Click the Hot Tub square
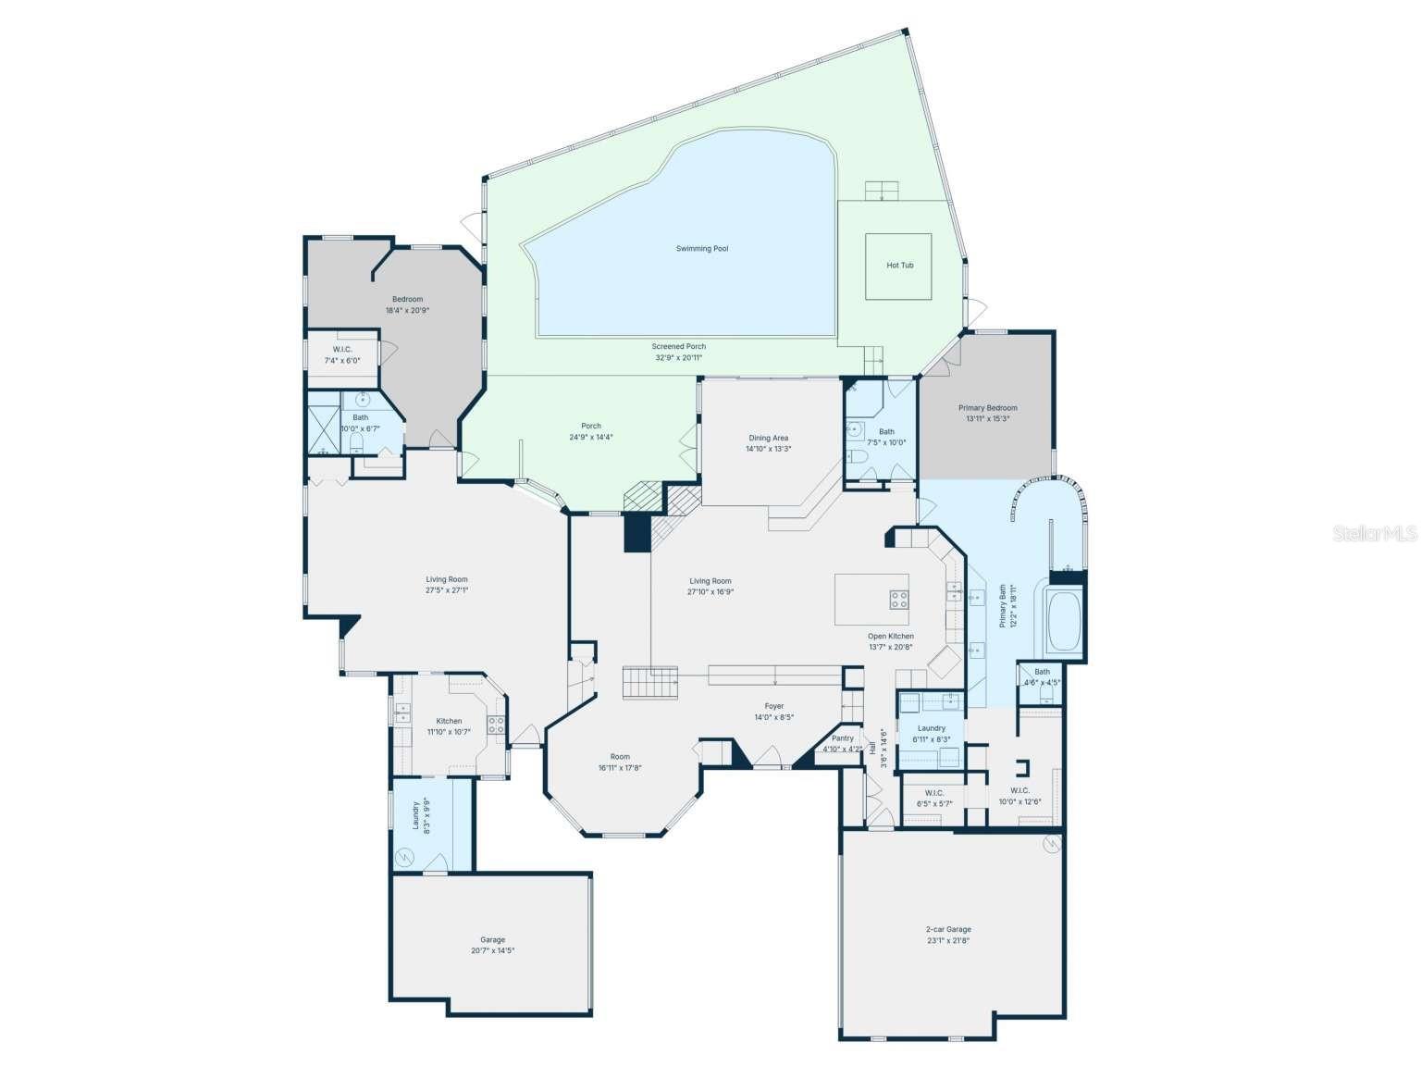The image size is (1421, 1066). pyautogui.click(x=898, y=266)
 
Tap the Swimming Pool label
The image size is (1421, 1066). pyautogui.click(x=701, y=249)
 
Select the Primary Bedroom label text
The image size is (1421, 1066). pyautogui.click(x=987, y=408)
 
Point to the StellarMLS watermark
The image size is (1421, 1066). pyautogui.click(x=1374, y=533)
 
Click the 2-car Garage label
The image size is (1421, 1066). pyautogui.click(x=948, y=929)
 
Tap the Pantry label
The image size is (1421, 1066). pyautogui.click(x=842, y=738)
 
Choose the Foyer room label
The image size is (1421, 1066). pyautogui.click(x=773, y=706)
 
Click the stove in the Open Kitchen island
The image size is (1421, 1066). pyautogui.click(x=898, y=600)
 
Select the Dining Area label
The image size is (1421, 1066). pyautogui.click(x=768, y=438)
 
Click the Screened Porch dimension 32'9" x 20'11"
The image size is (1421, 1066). pyautogui.click(x=679, y=357)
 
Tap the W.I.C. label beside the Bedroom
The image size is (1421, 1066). pyautogui.click(x=342, y=349)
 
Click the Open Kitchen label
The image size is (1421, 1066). pyautogui.click(x=890, y=637)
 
